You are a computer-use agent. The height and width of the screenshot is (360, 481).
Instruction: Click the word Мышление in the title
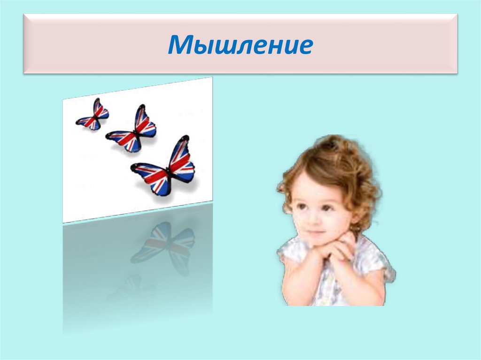pos(240,45)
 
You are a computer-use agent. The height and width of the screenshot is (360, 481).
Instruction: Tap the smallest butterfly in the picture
pos(93,115)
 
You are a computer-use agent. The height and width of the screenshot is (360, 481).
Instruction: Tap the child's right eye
pos(299,207)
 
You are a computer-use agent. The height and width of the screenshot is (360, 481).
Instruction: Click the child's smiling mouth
pos(313,232)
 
